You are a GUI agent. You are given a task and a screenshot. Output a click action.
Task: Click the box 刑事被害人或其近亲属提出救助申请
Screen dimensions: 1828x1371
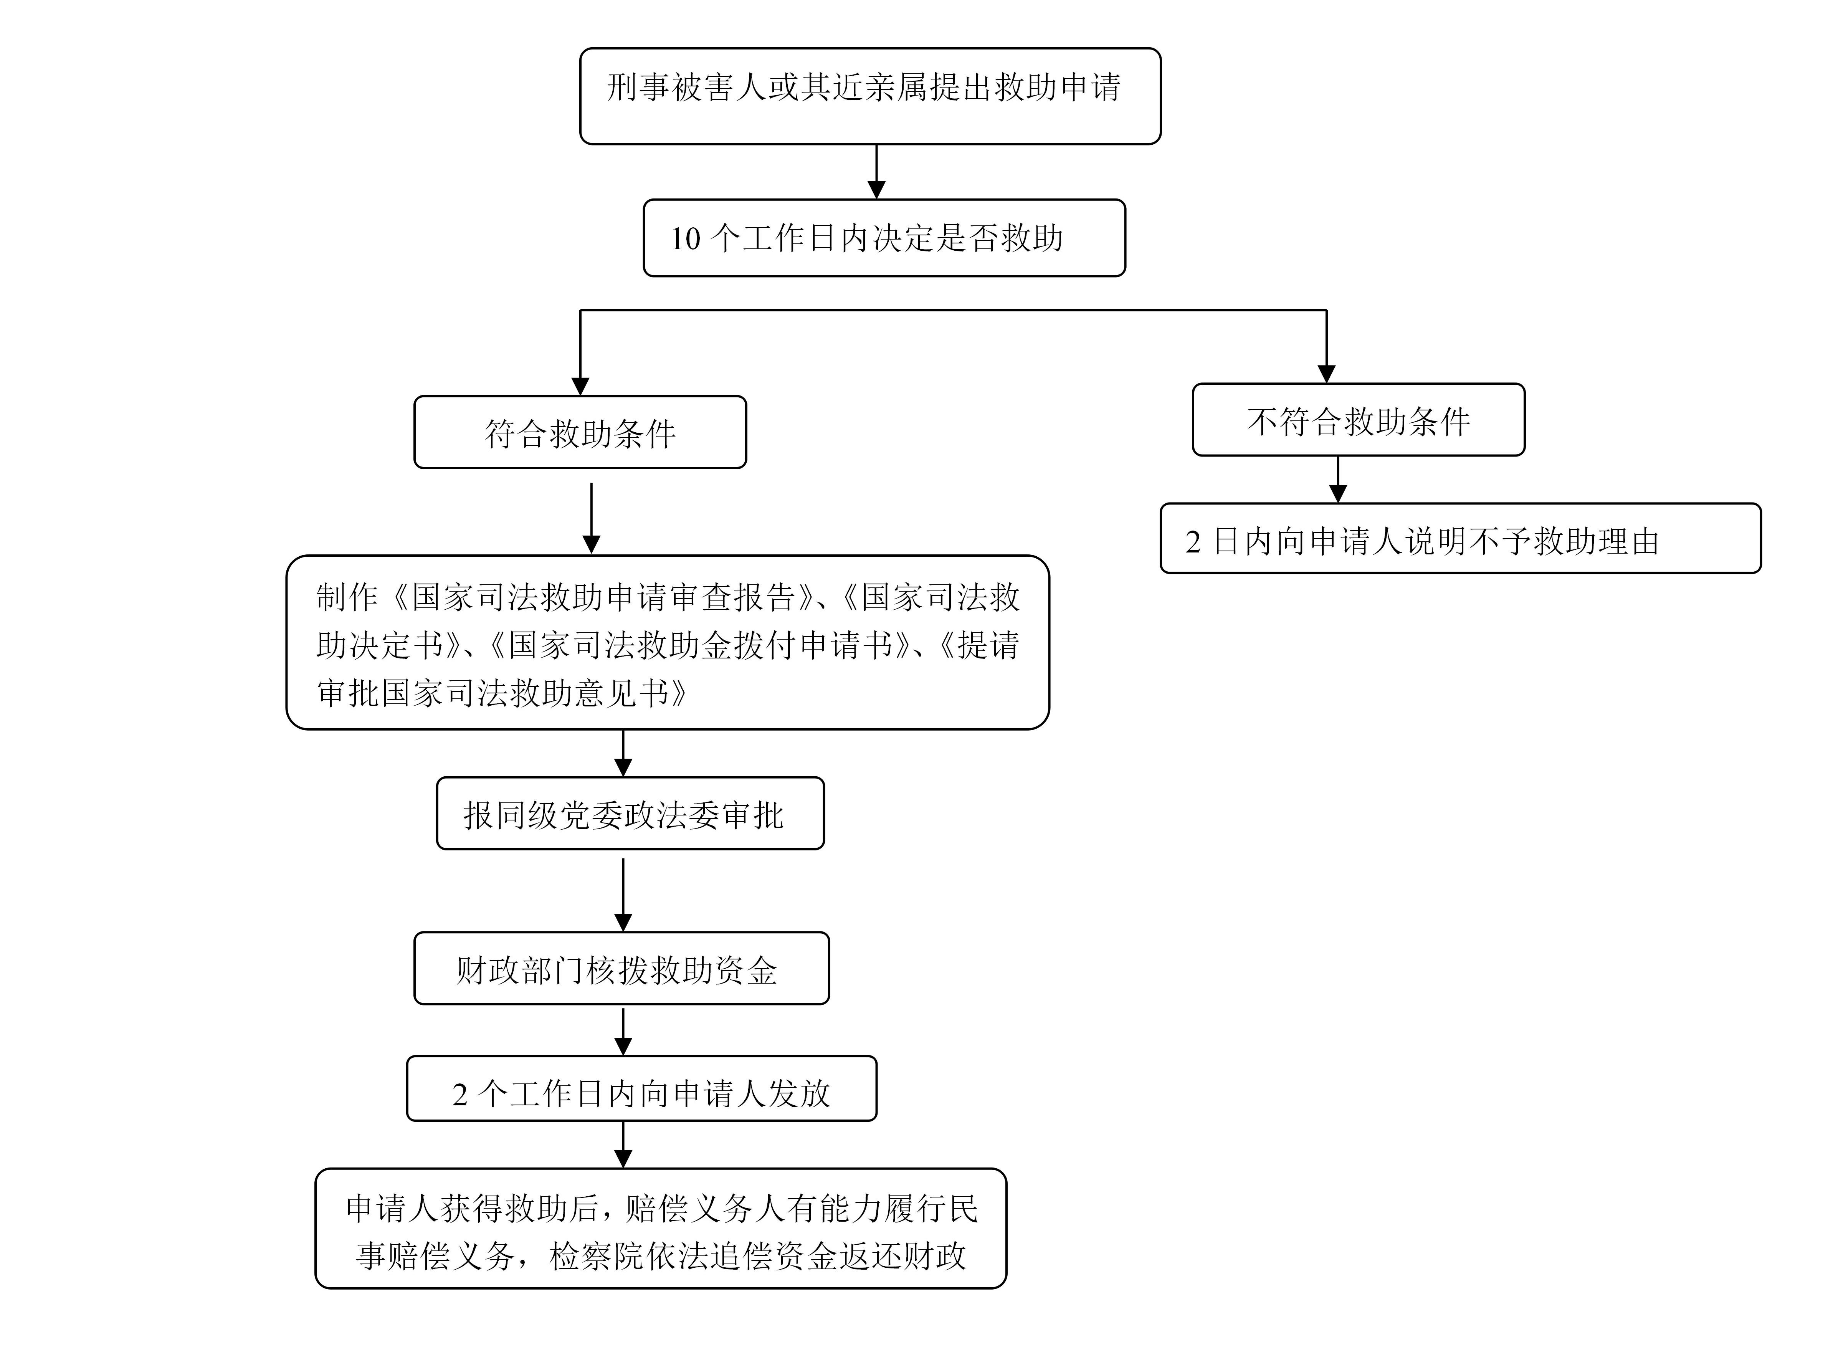(870, 96)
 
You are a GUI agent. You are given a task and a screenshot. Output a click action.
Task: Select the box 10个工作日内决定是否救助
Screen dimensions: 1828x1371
(884, 238)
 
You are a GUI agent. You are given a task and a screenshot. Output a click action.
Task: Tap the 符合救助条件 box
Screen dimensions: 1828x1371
(580, 432)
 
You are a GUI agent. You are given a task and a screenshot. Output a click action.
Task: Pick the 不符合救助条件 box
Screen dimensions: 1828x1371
(1359, 420)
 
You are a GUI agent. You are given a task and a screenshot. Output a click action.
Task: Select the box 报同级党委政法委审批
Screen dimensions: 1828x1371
(631, 813)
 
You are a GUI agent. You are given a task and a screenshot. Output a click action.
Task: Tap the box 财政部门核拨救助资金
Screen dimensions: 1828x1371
(621, 969)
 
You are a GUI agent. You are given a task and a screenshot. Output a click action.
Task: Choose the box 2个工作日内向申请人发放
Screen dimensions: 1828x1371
(641, 1088)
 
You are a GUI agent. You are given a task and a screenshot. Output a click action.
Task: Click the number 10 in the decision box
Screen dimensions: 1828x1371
(685, 239)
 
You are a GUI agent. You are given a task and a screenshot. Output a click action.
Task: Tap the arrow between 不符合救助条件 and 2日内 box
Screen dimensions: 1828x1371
(1338, 479)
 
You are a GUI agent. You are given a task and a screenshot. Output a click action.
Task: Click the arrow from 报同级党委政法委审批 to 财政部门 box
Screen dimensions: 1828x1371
(623, 895)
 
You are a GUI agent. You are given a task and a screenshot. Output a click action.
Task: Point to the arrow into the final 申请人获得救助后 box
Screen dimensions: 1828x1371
(623, 1144)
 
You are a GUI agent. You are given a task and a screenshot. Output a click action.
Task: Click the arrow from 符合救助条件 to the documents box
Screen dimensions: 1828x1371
(591, 518)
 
